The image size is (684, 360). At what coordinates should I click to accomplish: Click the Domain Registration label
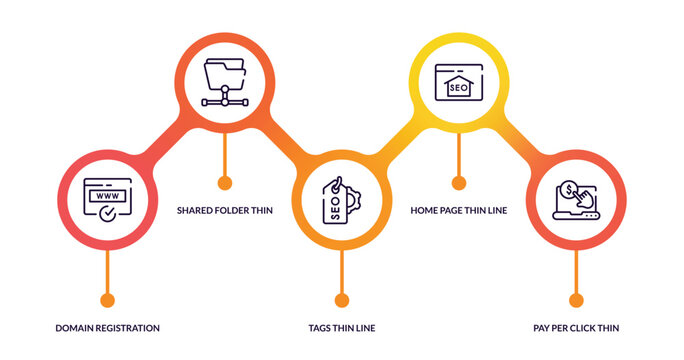pos(107,327)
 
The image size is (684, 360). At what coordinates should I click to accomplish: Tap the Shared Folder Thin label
pos(224,210)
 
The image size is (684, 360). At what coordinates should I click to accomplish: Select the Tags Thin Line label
pos(342,327)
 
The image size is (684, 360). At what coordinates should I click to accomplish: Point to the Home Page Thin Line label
pos(459,210)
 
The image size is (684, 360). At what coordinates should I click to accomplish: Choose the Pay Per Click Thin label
pos(576,327)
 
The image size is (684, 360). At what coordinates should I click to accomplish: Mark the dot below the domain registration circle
pos(107,300)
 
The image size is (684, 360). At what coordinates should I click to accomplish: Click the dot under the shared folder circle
pos(224,183)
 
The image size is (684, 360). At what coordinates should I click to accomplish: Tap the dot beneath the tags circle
pos(342,300)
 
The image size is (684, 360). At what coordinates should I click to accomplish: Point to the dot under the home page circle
pos(459,183)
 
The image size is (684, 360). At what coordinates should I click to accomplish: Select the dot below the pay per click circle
pos(576,300)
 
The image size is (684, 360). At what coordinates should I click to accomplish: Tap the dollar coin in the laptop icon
pos(568,188)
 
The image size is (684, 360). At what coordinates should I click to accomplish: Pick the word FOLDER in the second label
pos(236,210)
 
